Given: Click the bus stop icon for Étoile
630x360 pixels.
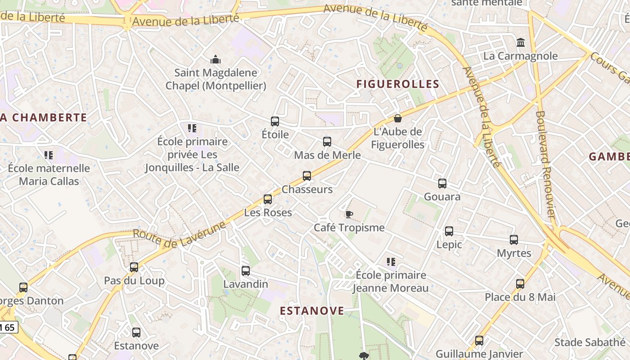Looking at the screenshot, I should [275, 121].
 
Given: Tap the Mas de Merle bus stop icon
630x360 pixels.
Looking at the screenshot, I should [327, 142].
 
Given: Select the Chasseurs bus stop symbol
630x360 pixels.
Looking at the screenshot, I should [307, 176].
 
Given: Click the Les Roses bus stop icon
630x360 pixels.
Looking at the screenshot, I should [268, 199].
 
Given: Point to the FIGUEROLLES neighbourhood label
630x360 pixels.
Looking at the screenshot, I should [398, 84].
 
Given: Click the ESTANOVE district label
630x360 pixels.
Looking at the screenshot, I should [312, 311].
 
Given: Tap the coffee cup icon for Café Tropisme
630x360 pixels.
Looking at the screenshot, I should [349, 214].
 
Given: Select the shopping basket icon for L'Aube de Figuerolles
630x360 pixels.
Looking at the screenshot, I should [397, 118].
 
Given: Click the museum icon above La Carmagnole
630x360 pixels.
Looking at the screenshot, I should [521, 43].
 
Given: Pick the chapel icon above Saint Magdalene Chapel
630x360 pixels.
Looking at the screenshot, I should [216, 59].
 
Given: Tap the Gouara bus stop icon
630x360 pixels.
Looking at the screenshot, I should [442, 184].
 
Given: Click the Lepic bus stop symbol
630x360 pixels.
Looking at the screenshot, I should [449, 231].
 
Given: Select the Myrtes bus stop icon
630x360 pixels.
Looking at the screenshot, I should [514, 240].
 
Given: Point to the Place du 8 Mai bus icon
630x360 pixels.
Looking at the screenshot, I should [520, 284].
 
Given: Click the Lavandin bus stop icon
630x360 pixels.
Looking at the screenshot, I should [246, 271].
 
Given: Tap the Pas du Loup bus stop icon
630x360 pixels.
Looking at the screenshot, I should [134, 267].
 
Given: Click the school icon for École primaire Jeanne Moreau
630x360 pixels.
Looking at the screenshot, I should [391, 261].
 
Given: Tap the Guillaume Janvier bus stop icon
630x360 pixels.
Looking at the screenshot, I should [479, 341].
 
